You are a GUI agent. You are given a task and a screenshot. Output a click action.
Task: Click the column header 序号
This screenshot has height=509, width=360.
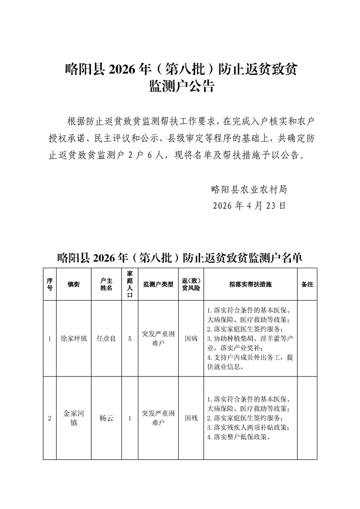point(49,284)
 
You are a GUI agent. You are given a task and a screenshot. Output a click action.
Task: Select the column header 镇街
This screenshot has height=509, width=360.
point(74,284)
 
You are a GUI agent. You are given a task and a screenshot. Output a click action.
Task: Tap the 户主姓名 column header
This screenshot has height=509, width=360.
point(106,284)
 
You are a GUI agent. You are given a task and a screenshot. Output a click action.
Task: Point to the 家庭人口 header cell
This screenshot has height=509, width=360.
point(130,284)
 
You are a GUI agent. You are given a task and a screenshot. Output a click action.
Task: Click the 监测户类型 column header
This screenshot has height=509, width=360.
point(158,284)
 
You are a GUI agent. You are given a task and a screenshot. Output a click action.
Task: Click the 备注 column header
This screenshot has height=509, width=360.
point(307,284)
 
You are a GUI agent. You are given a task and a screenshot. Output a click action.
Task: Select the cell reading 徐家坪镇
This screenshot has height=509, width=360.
point(74,338)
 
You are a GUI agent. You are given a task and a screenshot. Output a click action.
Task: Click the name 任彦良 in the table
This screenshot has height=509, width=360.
point(106,338)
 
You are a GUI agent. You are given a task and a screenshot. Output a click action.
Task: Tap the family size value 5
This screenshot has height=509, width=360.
point(130,338)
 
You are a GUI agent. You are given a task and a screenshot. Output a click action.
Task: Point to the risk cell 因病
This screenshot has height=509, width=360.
point(191,338)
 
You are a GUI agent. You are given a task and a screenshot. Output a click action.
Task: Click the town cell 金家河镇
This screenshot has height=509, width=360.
point(74,418)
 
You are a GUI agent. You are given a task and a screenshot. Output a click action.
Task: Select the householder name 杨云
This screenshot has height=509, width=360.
point(106,418)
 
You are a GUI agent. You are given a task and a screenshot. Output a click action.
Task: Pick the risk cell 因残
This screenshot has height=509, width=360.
point(191,418)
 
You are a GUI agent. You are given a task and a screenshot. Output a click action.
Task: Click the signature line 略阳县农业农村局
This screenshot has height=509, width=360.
point(249,189)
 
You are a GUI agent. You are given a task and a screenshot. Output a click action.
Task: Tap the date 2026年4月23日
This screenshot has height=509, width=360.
point(249,206)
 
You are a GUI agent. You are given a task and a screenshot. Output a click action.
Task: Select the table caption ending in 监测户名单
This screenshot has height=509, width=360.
point(180,258)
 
